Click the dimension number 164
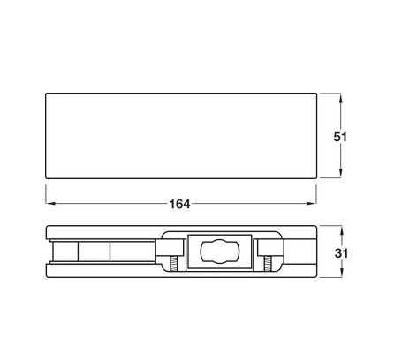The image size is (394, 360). tap(179, 204)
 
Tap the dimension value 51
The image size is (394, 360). tap(340, 137)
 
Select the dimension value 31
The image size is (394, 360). tap(341, 253)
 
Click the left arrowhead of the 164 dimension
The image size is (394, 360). tap(51, 204)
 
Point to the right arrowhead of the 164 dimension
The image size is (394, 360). tap(311, 204)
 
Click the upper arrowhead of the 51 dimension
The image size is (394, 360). tap(341, 98)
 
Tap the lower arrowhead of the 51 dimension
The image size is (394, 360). tap(341, 173)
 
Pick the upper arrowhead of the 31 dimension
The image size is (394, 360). tap(341, 230)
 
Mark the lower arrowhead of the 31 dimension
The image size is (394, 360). tap(341, 273)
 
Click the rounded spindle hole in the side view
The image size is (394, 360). tap(220, 251)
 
